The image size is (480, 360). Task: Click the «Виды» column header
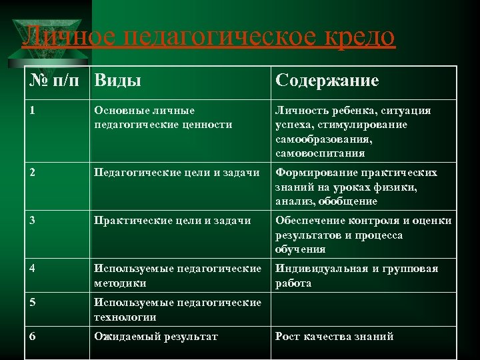tap(117, 81)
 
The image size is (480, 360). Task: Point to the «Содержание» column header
tap(327, 81)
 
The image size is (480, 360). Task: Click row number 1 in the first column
tap(33, 111)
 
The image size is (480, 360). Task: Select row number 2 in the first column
tap(33, 173)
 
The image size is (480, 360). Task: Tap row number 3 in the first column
tap(33, 221)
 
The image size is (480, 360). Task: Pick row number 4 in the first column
tap(33, 269)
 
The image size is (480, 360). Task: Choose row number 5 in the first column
tap(33, 303)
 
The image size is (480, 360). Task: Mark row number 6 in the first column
tap(33, 336)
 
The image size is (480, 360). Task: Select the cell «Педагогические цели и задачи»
tap(177, 173)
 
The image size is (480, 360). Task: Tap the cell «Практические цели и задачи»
tap(173, 221)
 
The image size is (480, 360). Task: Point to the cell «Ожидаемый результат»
tap(156, 336)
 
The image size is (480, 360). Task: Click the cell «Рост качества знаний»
tap(334, 336)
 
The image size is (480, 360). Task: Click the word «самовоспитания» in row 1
tap(319, 153)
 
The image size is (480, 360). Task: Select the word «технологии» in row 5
tap(125, 317)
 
